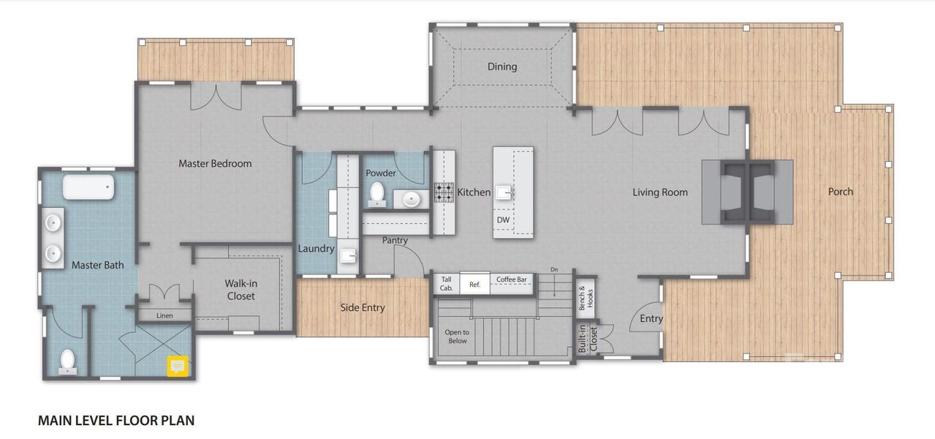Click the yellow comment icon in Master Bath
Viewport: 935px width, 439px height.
pyautogui.click(x=178, y=366)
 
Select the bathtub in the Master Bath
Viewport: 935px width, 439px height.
pyautogui.click(x=88, y=187)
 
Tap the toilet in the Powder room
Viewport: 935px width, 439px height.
pyautogui.click(x=377, y=195)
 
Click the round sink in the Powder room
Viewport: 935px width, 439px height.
pyautogui.click(x=411, y=199)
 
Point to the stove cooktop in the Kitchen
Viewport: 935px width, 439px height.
pyautogui.click(x=444, y=192)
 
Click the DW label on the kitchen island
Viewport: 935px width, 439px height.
pyautogui.click(x=503, y=219)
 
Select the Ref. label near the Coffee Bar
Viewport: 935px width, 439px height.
pyautogui.click(x=474, y=285)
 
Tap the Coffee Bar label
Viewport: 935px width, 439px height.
pyautogui.click(x=511, y=279)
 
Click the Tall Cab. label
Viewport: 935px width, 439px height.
pyautogui.click(x=446, y=284)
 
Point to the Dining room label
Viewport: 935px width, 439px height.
pyautogui.click(x=502, y=67)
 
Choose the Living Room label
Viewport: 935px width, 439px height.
pyautogui.click(x=660, y=192)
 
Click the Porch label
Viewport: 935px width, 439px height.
pyautogui.click(x=841, y=191)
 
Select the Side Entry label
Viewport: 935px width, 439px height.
pyautogui.click(x=363, y=308)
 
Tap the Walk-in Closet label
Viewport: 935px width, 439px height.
pyautogui.click(x=241, y=290)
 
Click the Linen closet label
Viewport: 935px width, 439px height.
pyautogui.click(x=164, y=315)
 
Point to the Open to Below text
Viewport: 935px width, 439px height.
pyautogui.click(x=457, y=337)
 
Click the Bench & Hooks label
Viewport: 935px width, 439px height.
pyautogui.click(x=586, y=298)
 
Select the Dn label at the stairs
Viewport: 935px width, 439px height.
pyautogui.click(x=554, y=269)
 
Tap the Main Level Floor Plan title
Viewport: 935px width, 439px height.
pyautogui.click(x=116, y=420)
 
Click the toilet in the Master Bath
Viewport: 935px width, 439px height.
pyautogui.click(x=67, y=361)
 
